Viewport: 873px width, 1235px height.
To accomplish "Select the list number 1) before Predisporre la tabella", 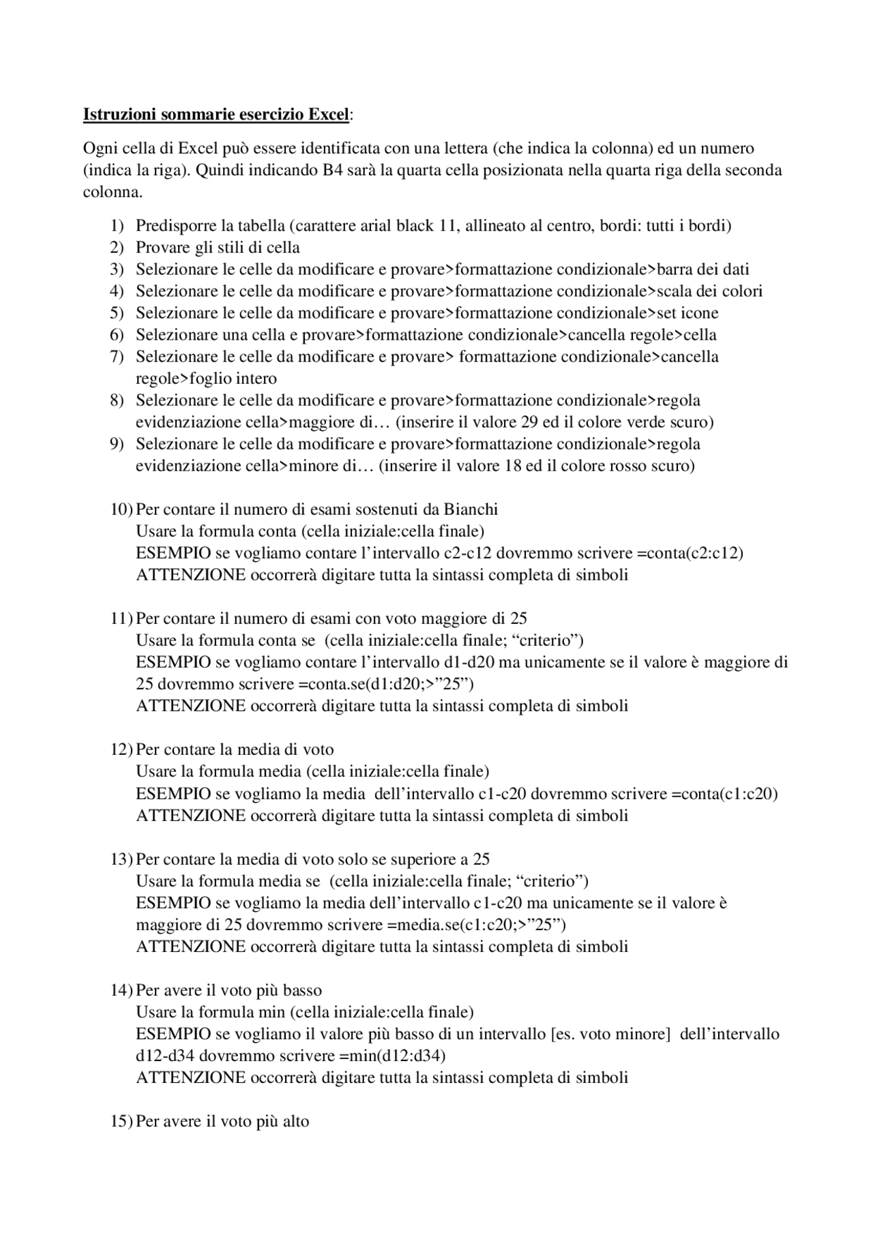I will tap(117, 226).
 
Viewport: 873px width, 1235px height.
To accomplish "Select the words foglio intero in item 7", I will tap(233, 378).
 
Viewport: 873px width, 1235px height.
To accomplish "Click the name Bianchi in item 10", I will tap(471, 509).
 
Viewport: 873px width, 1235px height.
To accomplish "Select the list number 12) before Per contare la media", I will tap(121, 749).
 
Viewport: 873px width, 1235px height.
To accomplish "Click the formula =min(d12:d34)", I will tap(391, 1056).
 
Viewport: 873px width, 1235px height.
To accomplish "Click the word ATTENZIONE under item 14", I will tap(190, 1077).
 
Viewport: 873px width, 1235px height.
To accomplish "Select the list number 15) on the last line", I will tap(121, 1121).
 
